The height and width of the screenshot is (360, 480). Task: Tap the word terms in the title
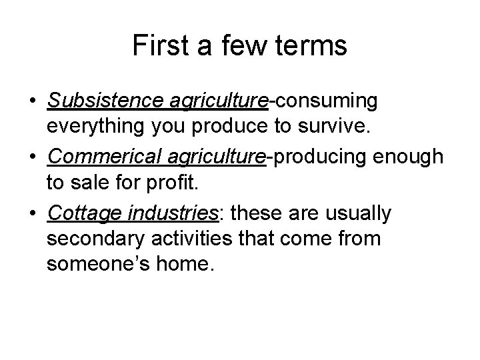[x=313, y=45]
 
